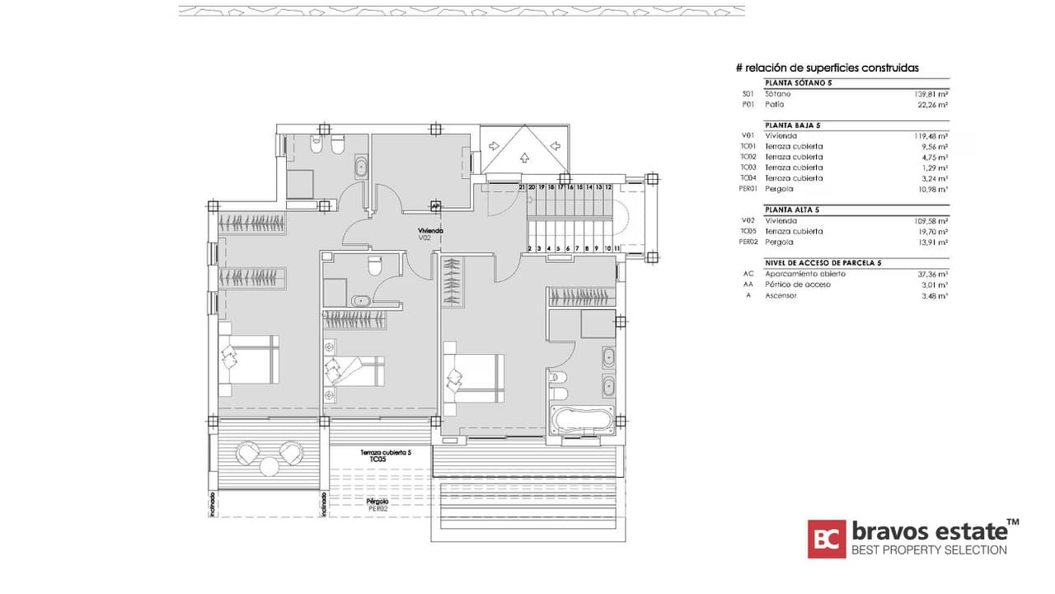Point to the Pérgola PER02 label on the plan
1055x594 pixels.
pyautogui.click(x=377, y=504)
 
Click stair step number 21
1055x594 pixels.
pyautogui.click(x=522, y=187)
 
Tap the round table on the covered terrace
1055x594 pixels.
pyautogui.click(x=270, y=466)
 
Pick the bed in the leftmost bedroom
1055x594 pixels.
pyautogui.click(x=250, y=360)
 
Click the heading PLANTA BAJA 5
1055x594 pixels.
pyautogui.click(x=792, y=125)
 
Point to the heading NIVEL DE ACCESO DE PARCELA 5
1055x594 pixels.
pyautogui.click(x=823, y=262)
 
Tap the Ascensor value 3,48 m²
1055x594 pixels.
pyautogui.click(x=934, y=295)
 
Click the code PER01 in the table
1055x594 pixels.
pyautogui.click(x=748, y=189)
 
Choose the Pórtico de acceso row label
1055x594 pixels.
pyautogui.click(x=797, y=284)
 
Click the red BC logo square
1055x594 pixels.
pyautogui.click(x=826, y=539)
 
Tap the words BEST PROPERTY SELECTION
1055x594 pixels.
pyautogui.click(x=928, y=550)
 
